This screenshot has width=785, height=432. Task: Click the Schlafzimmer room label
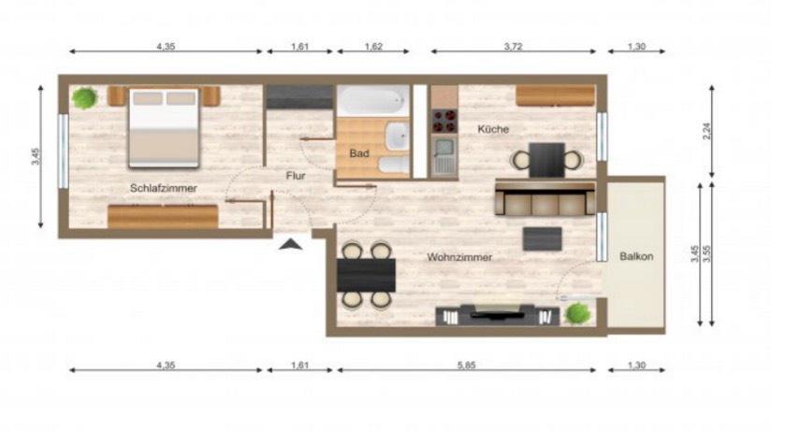164,189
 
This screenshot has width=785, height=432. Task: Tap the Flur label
297,175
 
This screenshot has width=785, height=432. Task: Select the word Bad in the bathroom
357,153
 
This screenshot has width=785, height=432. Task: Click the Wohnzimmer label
459,257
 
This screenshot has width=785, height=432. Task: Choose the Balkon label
636,256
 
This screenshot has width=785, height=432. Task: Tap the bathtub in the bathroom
372,100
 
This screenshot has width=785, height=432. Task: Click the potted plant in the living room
577,312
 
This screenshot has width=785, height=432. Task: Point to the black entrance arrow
291,245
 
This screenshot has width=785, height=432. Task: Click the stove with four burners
443,121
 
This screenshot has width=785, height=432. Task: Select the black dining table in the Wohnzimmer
366,274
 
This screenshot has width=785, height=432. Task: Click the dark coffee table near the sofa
542,238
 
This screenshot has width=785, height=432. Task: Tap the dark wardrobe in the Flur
298,97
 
